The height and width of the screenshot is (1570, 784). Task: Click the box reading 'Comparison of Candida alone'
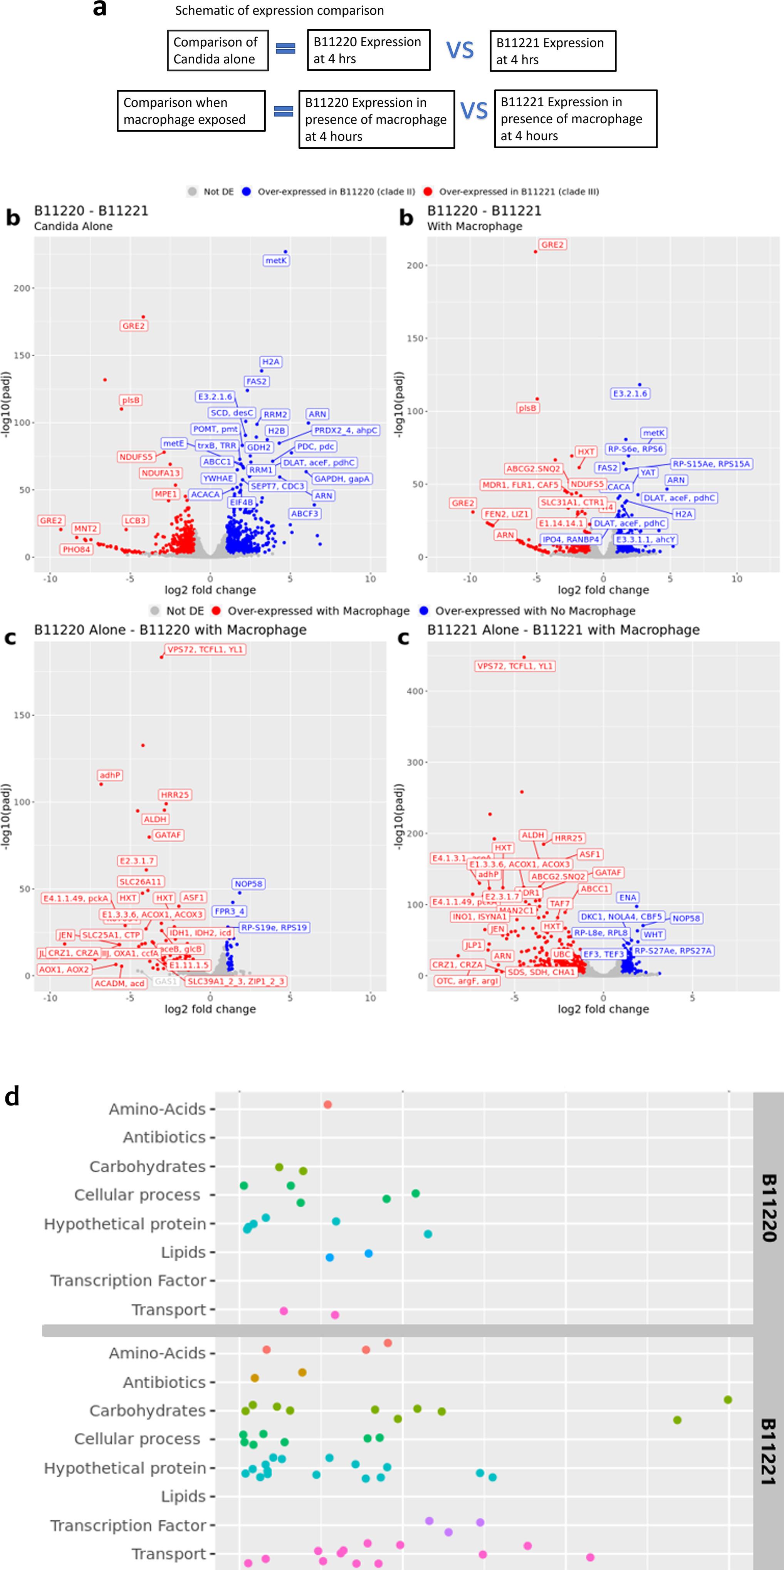pos(218,50)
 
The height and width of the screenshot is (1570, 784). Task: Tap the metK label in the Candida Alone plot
pos(275,260)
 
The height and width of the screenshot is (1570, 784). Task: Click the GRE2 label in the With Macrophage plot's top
pos(552,245)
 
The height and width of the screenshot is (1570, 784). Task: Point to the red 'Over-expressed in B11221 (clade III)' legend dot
pos(428,191)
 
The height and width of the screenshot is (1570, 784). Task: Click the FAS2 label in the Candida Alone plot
pos(256,381)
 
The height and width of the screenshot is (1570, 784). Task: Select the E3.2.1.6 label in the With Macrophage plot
pos(630,393)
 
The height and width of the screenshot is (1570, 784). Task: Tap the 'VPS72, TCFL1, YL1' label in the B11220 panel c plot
pos(205,649)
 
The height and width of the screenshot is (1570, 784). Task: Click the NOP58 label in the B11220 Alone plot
pos(248,883)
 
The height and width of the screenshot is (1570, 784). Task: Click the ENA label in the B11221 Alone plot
pos(627,897)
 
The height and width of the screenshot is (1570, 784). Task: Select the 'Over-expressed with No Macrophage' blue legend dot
pos(424,611)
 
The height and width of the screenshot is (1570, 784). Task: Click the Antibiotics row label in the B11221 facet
pos(164,1382)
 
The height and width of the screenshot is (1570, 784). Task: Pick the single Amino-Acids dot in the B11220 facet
pos(327,1104)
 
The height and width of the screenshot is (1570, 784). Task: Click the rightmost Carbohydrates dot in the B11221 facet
pos(728,1399)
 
